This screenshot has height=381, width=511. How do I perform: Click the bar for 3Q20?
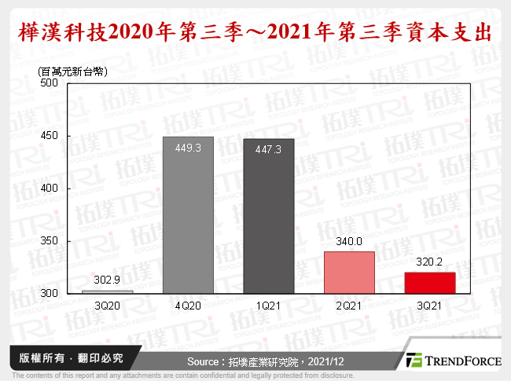click(x=107, y=291)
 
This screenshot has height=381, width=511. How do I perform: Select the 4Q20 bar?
click(x=188, y=214)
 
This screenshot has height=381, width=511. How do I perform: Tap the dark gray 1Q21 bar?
click(x=269, y=216)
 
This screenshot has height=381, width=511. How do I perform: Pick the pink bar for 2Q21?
click(x=350, y=272)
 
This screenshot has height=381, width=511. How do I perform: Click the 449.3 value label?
click(x=188, y=146)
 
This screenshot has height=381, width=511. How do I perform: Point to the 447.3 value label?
click(x=269, y=148)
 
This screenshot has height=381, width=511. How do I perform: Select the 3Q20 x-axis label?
click(x=107, y=304)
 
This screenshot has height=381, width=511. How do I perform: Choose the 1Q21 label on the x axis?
click(x=269, y=304)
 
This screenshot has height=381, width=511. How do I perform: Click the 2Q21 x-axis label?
click(x=350, y=304)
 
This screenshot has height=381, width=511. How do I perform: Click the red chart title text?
click(x=256, y=32)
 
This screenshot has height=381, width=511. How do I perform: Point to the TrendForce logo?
click(x=453, y=361)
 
